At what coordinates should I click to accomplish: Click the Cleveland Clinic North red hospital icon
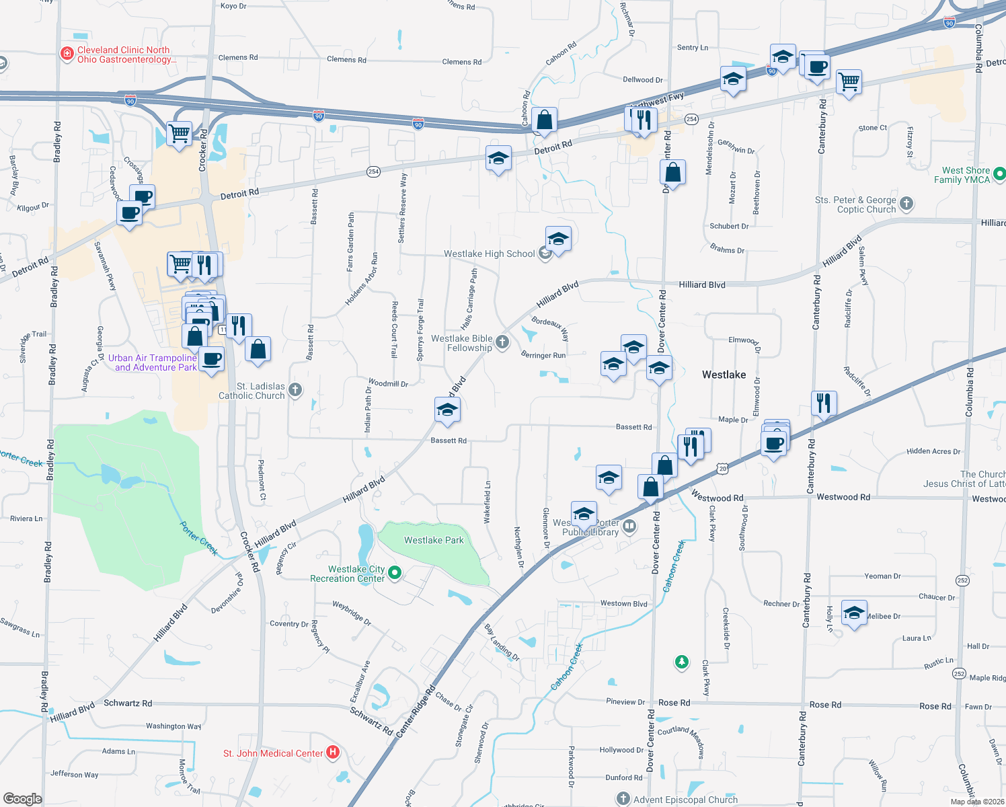pyautogui.click(x=67, y=54)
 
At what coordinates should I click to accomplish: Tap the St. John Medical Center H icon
pyautogui.click(x=333, y=753)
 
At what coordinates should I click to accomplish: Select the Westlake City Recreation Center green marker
pyautogui.click(x=395, y=573)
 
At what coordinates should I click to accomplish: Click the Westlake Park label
pyautogui.click(x=434, y=540)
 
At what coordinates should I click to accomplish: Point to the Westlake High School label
pyautogui.click(x=489, y=254)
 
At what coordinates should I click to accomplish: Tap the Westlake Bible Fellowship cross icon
pyautogui.click(x=502, y=343)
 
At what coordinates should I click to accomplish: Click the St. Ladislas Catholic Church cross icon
pyautogui.click(x=295, y=390)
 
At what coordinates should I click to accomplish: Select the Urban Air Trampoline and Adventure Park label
pyautogui.click(x=153, y=362)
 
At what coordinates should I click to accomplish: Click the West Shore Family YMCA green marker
pyautogui.click(x=999, y=174)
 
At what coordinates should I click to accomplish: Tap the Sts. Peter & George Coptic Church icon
pyautogui.click(x=906, y=203)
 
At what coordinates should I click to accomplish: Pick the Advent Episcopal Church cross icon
pyautogui.click(x=623, y=799)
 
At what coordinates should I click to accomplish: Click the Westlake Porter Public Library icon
pyautogui.click(x=629, y=526)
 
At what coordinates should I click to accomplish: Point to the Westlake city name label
pyautogui.click(x=724, y=375)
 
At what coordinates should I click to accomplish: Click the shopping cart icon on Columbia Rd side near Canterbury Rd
pyautogui.click(x=849, y=82)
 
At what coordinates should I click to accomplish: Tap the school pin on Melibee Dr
pyautogui.click(x=854, y=613)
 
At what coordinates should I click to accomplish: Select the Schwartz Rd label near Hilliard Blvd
pyautogui.click(x=128, y=703)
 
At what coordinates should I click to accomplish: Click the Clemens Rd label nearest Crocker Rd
pyautogui.click(x=238, y=58)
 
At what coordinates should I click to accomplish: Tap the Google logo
pyautogui.click(x=22, y=799)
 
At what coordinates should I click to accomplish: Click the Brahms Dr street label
pyautogui.click(x=727, y=249)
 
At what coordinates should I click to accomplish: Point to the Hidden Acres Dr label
pyautogui.click(x=933, y=451)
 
